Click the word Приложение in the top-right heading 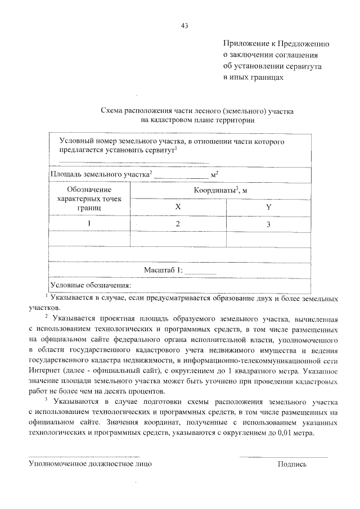coord(245,43)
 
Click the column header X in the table coord(178,208)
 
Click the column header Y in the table coord(268,208)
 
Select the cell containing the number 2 coord(178,224)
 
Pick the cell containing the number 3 coord(268,224)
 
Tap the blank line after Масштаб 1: coord(200,273)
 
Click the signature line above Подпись coord(284,457)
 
